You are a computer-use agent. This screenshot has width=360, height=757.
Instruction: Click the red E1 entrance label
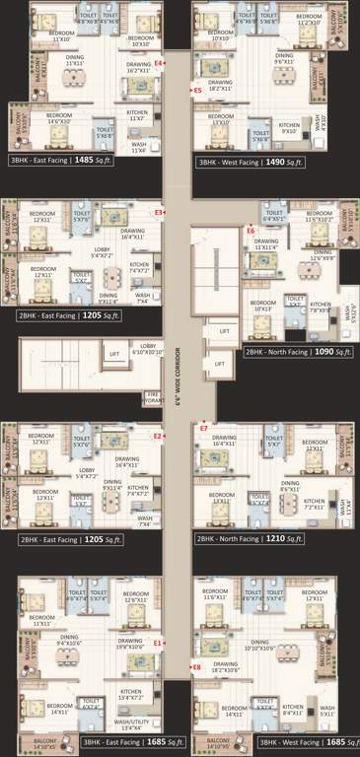click(x=156, y=643)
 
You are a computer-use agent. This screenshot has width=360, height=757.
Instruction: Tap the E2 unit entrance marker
click(x=157, y=436)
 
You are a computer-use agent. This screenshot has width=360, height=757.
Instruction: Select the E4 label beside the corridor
click(x=157, y=66)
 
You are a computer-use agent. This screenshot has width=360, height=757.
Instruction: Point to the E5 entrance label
click(x=197, y=90)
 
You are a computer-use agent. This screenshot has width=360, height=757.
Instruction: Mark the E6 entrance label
click(x=251, y=231)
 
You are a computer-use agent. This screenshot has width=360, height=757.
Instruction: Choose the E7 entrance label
click(x=204, y=429)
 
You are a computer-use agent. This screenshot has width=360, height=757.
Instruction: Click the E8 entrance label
click(x=196, y=666)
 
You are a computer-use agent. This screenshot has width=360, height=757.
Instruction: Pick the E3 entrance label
click(x=158, y=212)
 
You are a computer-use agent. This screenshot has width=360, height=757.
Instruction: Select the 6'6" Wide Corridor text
click(x=179, y=379)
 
